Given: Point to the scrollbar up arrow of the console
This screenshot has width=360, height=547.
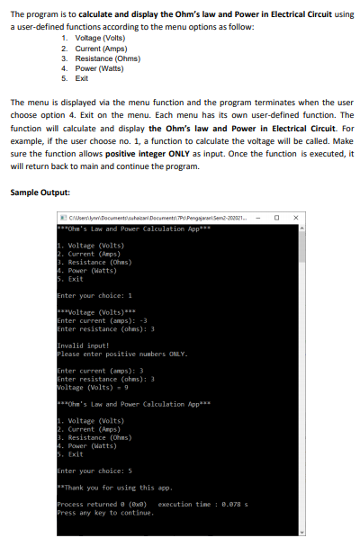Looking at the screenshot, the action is (x=301, y=227).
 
